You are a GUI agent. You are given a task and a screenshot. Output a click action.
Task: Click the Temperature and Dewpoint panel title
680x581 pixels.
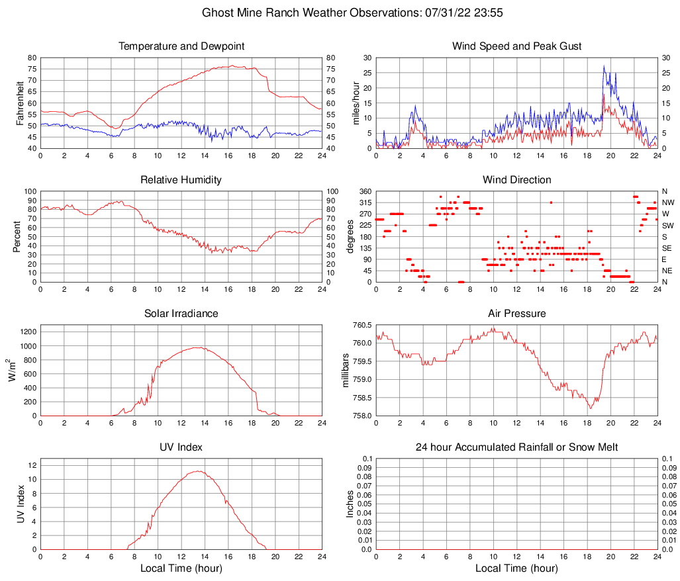pos(181,46)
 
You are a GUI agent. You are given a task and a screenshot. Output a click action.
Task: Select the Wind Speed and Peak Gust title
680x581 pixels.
pos(517,46)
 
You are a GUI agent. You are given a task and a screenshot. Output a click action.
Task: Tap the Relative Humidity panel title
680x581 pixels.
pos(181,180)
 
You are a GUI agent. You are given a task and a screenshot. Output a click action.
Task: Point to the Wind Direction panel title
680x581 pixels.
pos(517,180)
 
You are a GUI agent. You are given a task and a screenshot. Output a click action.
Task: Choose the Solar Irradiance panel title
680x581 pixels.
pos(181,314)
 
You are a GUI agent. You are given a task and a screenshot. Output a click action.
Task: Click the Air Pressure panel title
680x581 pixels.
pos(517,314)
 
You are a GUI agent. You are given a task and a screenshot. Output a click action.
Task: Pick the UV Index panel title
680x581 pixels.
pos(181,447)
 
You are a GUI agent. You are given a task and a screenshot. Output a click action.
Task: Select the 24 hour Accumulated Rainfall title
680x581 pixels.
pos(517,447)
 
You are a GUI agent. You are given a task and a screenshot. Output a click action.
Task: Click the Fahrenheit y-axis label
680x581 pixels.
pos(20,103)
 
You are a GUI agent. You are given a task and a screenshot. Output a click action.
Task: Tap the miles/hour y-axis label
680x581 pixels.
pos(356,103)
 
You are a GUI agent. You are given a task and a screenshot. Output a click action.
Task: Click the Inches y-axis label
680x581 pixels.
pos(351,504)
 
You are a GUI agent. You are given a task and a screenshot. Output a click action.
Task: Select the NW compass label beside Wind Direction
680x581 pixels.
pos(667,202)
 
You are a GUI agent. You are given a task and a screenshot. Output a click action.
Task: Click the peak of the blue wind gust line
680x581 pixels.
pos(604,66)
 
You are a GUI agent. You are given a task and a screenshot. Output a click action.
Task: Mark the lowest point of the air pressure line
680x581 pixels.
pos(590,408)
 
